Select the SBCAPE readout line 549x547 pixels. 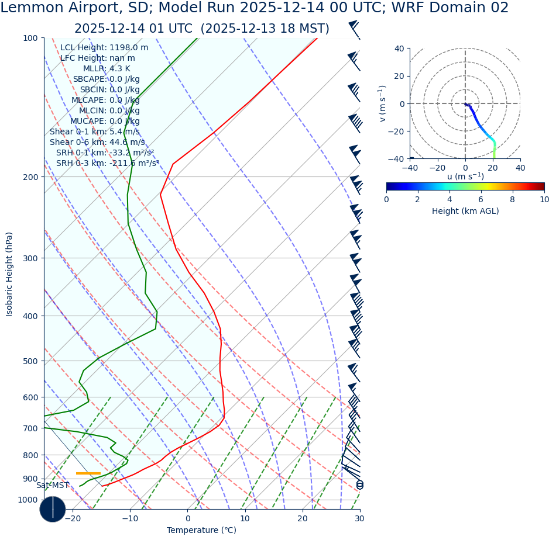[106, 79]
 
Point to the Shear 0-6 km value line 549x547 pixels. [97, 143]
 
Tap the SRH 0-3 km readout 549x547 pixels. [108, 164]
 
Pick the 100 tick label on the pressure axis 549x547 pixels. [30, 39]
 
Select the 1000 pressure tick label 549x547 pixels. [28, 500]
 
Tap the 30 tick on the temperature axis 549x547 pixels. [359, 518]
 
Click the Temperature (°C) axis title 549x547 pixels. [201, 531]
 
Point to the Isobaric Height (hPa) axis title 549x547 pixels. [9, 274]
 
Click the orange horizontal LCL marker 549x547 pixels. [88, 473]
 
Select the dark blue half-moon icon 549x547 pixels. [53, 509]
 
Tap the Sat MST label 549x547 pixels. [53, 486]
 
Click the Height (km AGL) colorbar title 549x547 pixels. [465, 212]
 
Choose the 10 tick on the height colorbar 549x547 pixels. [544, 200]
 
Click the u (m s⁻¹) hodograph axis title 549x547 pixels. [465, 176]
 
